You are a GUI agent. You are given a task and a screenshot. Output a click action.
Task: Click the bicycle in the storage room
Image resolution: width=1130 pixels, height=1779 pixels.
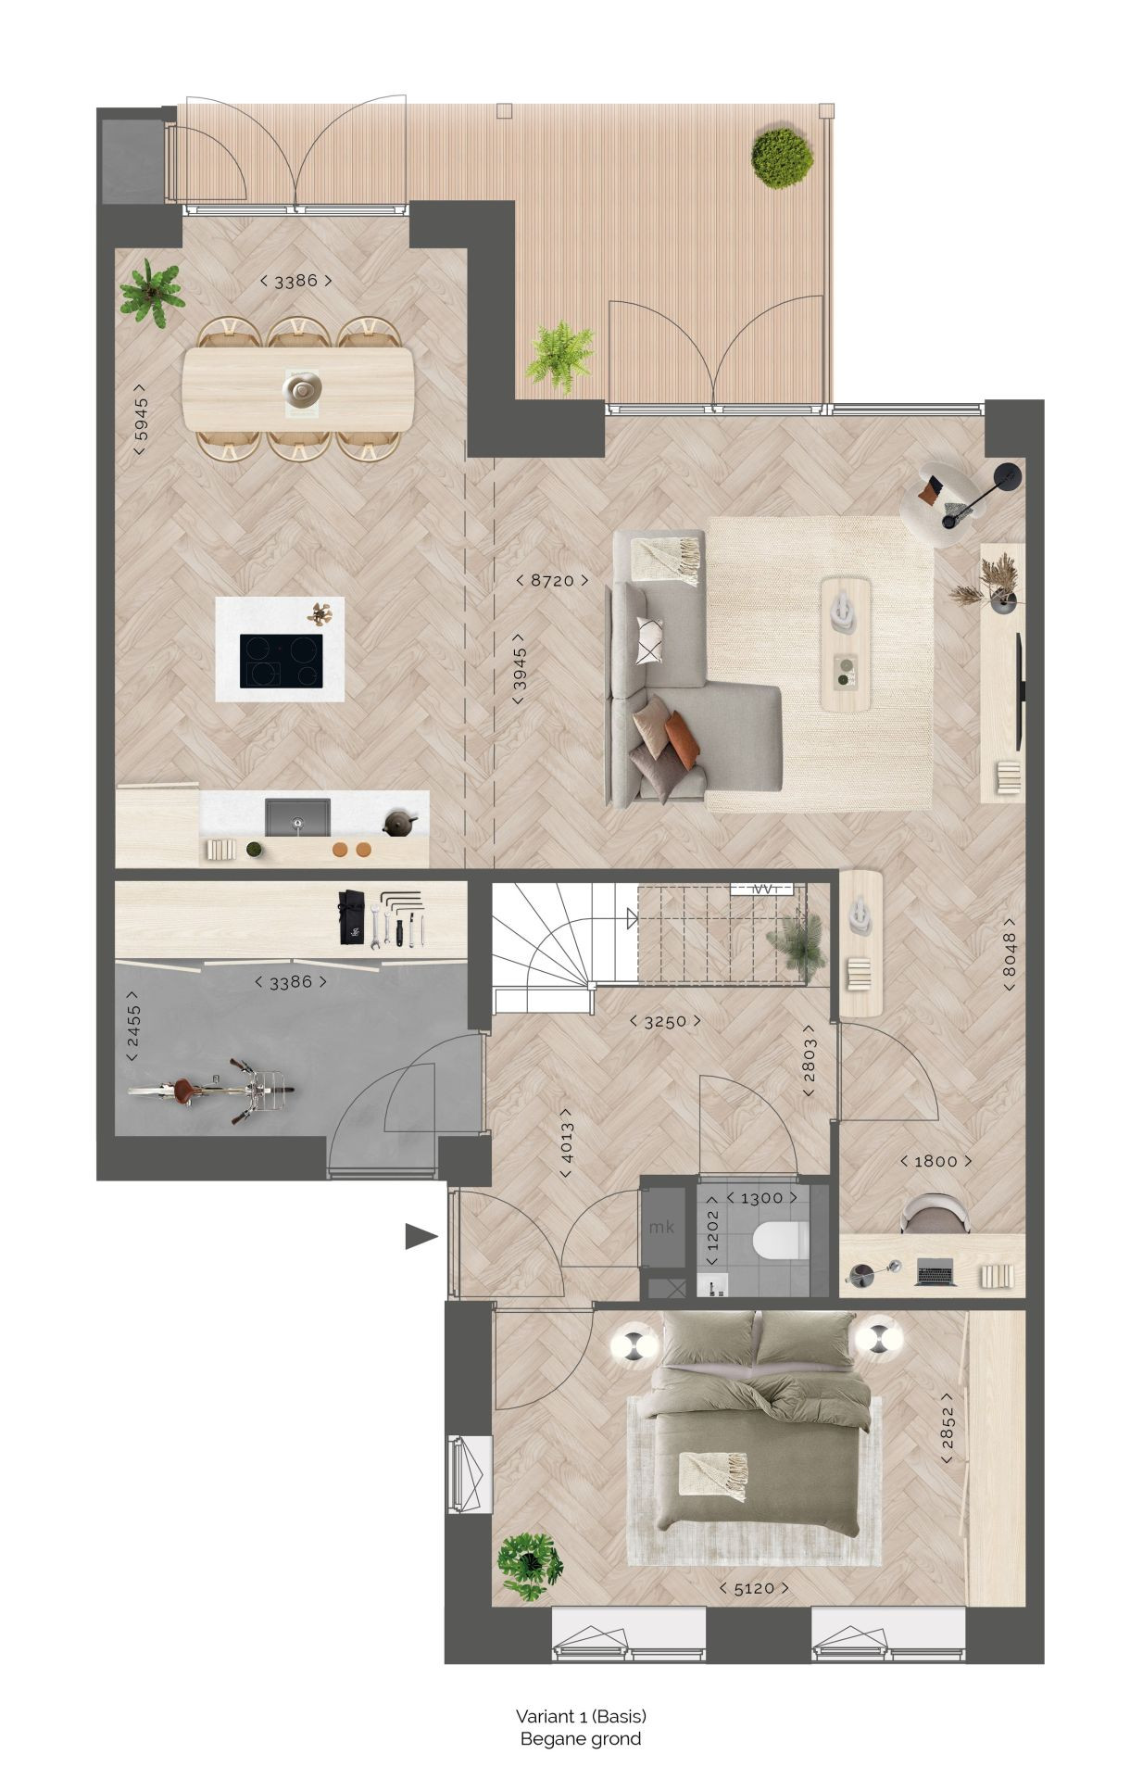[211, 1091]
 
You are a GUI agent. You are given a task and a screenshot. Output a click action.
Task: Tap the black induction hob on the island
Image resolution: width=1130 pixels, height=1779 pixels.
[282, 661]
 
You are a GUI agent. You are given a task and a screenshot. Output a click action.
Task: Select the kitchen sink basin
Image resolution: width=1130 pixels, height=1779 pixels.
[297, 816]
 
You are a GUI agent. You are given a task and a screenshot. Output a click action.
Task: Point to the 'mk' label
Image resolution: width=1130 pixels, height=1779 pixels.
[661, 1228]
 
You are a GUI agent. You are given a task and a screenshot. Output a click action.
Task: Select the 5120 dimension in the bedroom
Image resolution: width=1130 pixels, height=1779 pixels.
[755, 1587]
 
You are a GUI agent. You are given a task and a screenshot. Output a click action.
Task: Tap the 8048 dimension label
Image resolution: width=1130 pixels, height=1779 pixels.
[1009, 953]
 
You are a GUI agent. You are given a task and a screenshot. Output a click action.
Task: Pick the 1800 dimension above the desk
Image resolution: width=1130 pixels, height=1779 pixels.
[935, 1161]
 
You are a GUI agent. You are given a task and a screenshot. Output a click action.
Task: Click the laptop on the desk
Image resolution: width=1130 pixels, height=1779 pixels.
[936, 1274]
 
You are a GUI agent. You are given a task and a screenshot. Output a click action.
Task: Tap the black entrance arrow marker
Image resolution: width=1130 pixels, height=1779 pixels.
[421, 1237]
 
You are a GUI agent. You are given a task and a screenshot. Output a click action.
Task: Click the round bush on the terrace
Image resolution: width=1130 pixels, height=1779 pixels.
[783, 158]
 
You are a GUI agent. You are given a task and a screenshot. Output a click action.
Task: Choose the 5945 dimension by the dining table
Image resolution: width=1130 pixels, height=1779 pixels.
[140, 419]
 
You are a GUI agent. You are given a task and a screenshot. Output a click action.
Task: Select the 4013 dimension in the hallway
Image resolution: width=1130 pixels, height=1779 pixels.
[567, 1143]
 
